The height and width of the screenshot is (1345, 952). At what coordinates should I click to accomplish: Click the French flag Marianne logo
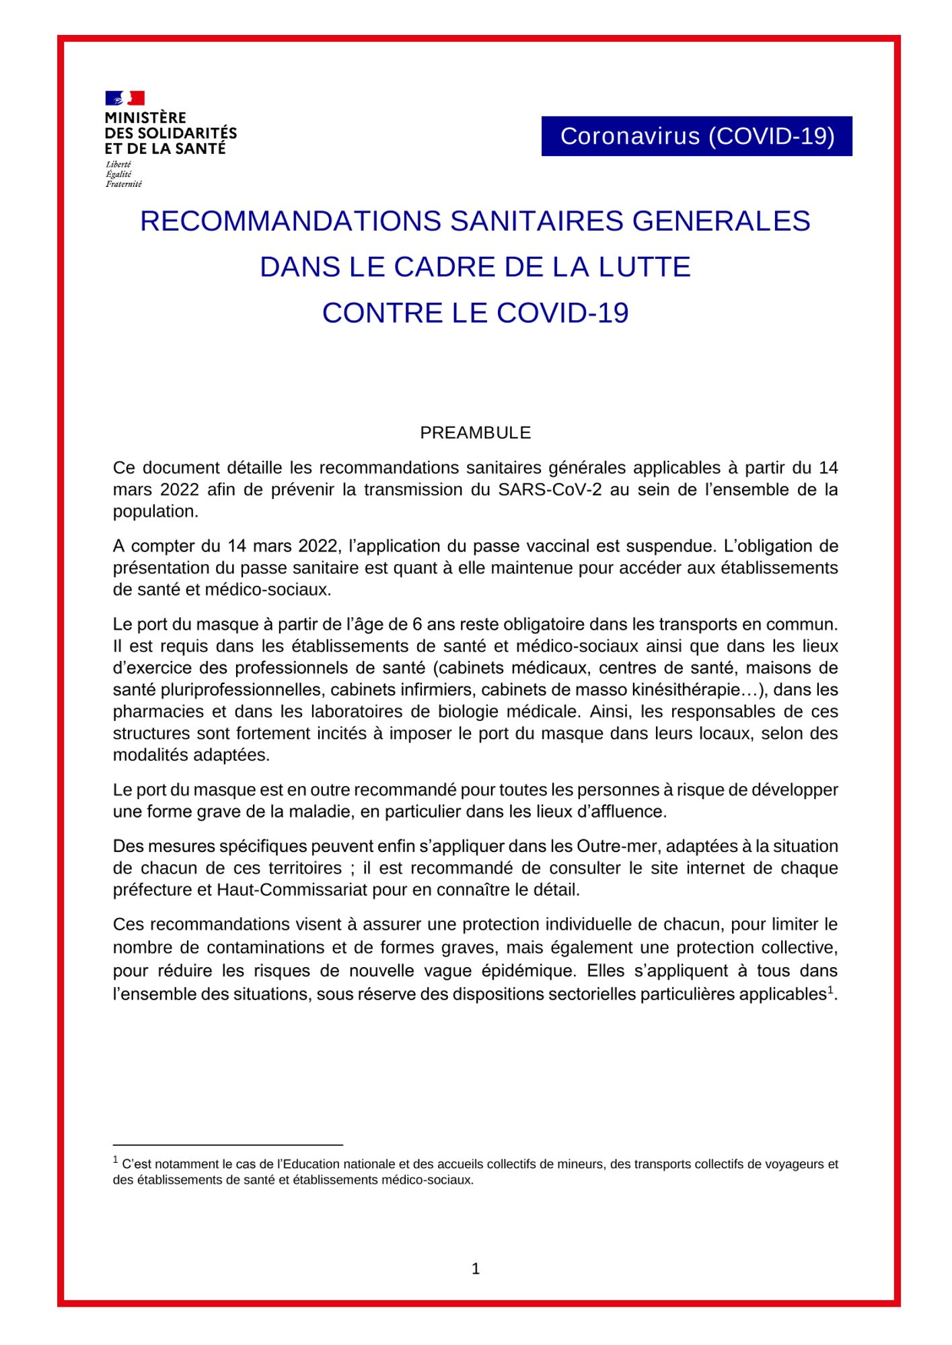point(124,98)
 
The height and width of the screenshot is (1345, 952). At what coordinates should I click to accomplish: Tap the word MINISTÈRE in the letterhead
point(145,118)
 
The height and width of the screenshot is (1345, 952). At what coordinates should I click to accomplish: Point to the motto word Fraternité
point(124,184)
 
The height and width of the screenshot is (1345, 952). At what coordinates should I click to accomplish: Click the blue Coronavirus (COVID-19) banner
point(696,137)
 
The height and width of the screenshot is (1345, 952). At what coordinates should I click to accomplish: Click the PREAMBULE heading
point(475,432)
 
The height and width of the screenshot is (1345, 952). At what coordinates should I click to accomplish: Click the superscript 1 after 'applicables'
point(830,989)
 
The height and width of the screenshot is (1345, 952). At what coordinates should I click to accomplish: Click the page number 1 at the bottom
point(476,1269)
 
